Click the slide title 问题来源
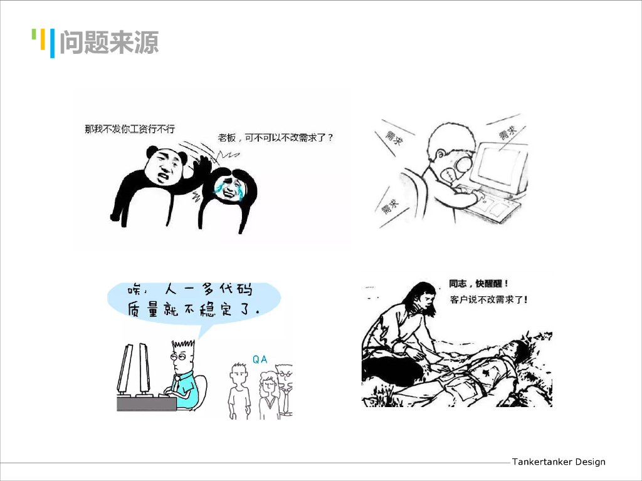pos(109,42)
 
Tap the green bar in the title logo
pos(34,34)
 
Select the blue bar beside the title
pos(53,43)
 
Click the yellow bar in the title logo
pos(43,39)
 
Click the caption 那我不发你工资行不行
pos(130,129)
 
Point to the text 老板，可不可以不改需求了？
pos(276,137)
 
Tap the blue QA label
pos(260,359)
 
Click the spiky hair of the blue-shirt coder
pos(183,345)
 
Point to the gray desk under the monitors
pos(147,404)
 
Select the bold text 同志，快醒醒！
pos(478,284)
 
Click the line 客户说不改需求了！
pos(488,299)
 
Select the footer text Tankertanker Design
pos(559,462)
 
